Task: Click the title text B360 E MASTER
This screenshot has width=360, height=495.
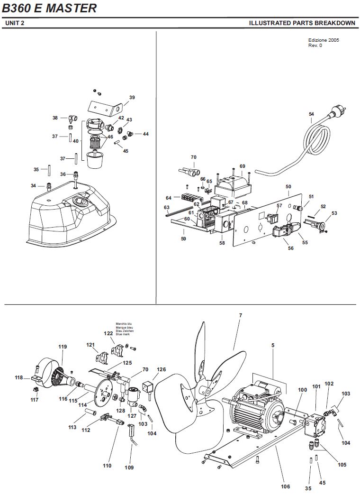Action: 49,8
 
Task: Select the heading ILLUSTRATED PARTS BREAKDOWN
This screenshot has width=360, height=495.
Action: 302,23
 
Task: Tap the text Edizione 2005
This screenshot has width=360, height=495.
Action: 324,40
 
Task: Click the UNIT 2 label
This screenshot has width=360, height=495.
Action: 15,23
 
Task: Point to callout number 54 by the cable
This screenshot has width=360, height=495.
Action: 311,114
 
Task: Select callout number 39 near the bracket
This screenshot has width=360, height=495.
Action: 132,97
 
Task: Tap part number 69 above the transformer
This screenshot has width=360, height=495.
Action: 243,166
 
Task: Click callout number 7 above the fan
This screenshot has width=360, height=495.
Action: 241,315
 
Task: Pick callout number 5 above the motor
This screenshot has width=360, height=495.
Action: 273,345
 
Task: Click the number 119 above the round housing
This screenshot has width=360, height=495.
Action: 63,347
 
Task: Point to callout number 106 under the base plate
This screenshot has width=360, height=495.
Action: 285,486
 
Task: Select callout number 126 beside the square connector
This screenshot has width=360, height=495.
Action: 161,369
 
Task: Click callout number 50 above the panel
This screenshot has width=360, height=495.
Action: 288,186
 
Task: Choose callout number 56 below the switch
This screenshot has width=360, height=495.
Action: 290,248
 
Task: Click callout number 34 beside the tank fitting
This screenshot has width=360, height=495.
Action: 33,186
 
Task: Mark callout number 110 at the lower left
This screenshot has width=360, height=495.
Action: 107,465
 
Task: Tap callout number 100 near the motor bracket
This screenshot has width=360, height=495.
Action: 302,390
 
